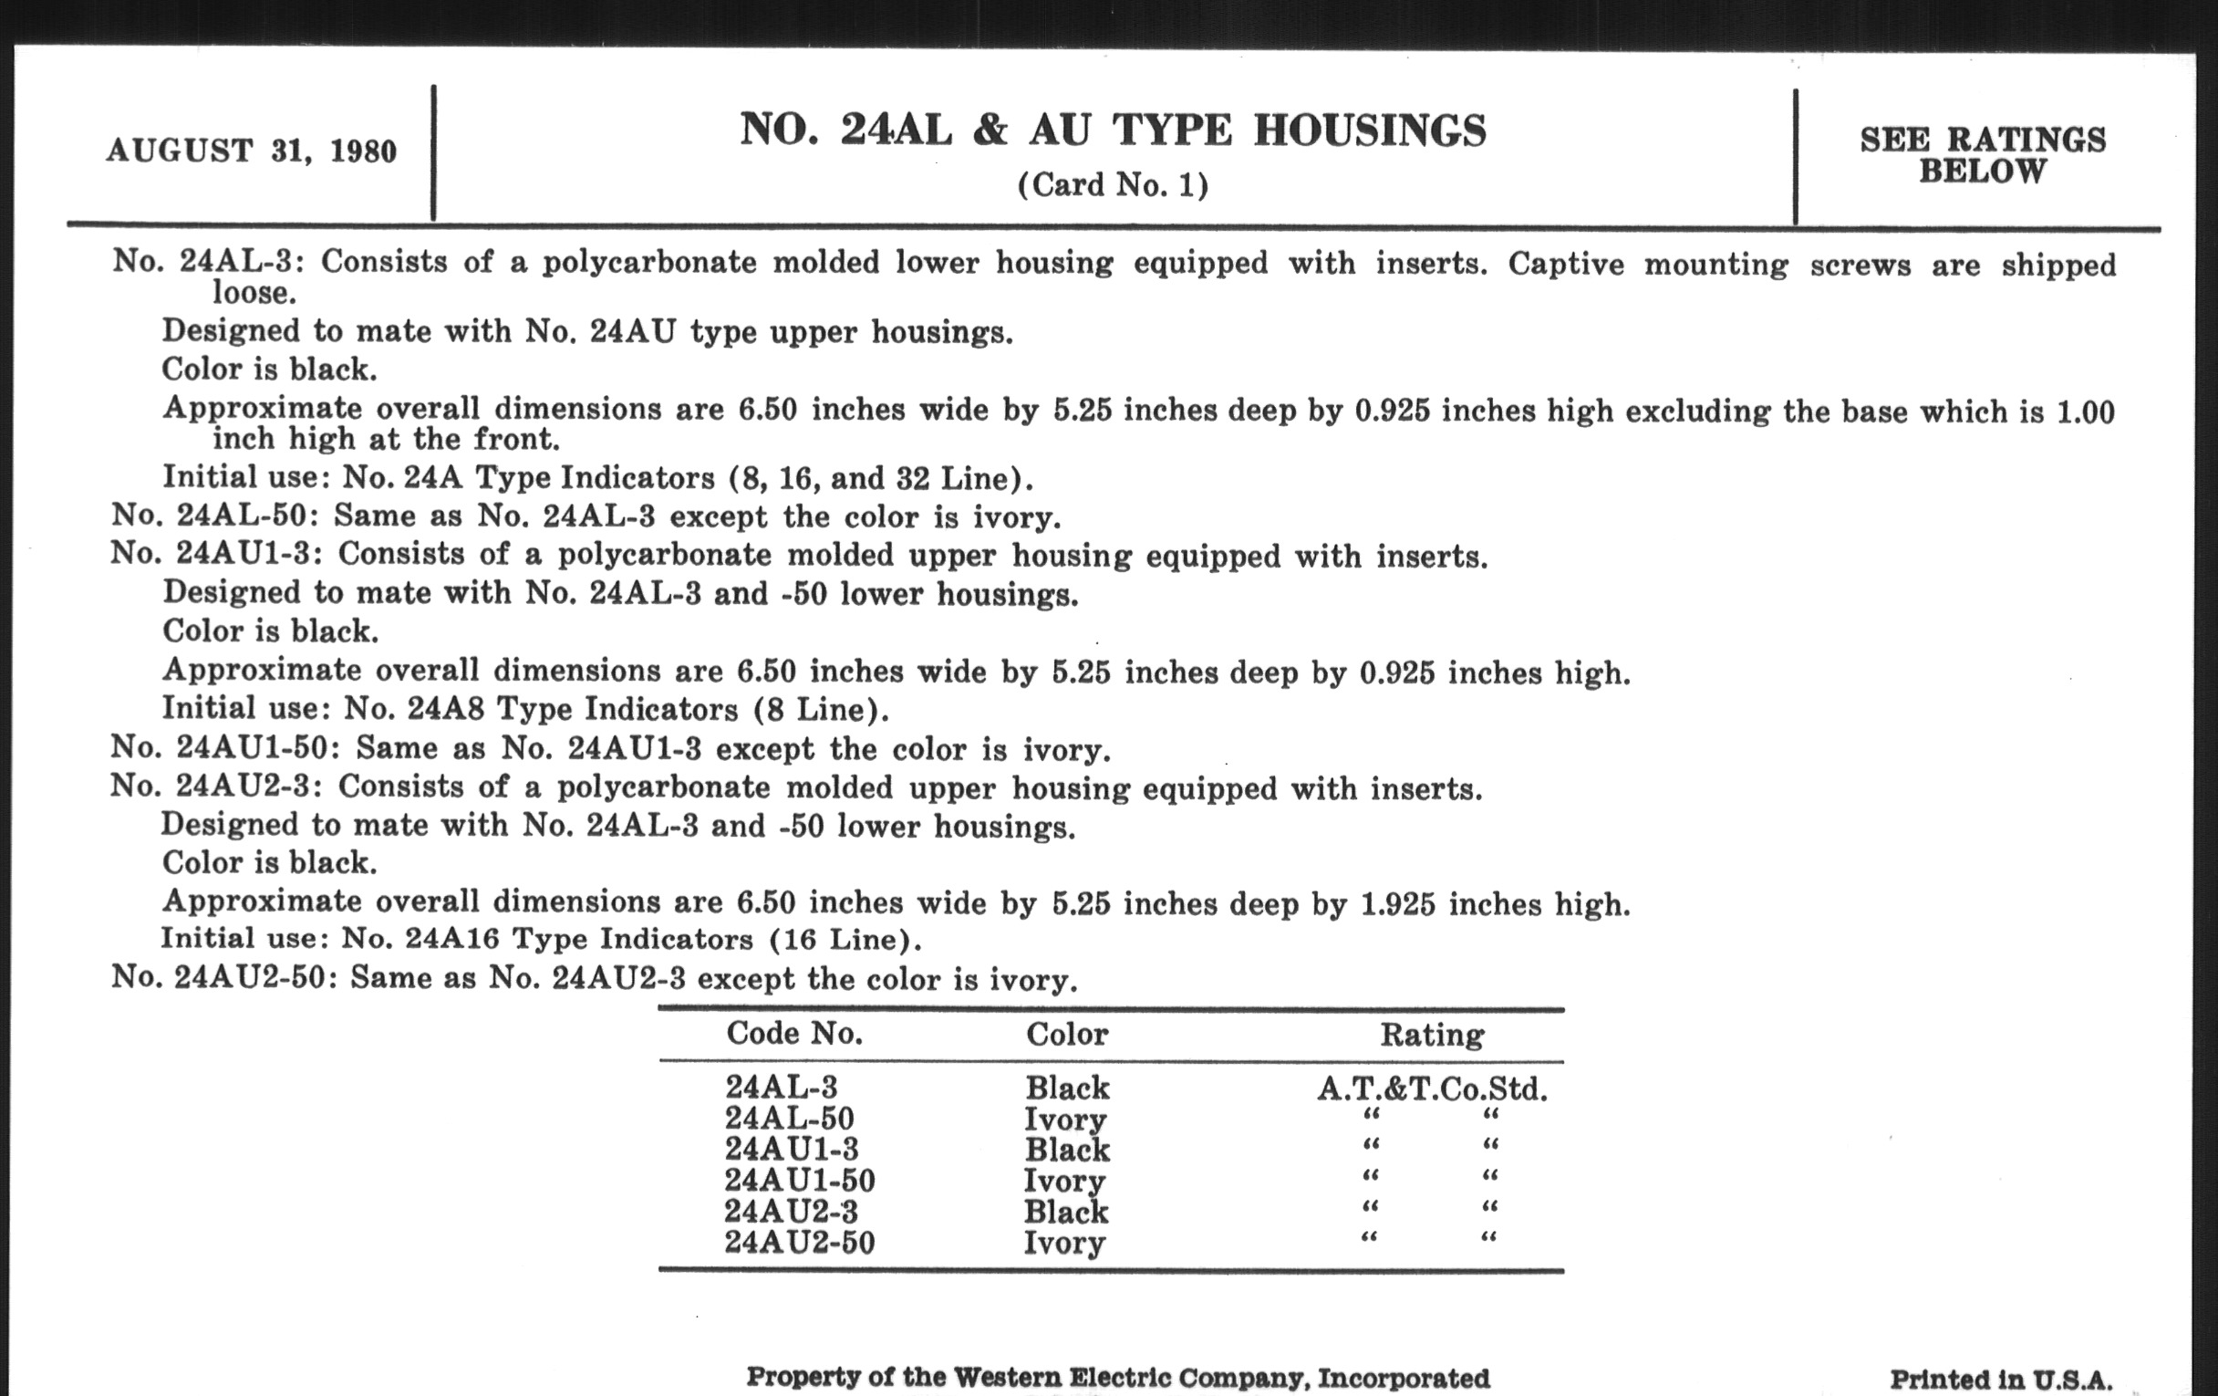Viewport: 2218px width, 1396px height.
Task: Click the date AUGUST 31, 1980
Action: pos(252,151)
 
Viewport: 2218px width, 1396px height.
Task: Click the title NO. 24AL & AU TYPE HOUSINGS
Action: pos(1113,130)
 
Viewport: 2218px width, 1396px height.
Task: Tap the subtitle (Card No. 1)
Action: pos(1113,185)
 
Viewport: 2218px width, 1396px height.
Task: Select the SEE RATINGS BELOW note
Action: pos(1982,155)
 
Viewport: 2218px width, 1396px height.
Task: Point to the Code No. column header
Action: pos(794,1034)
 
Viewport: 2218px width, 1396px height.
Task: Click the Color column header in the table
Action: pos(1067,1034)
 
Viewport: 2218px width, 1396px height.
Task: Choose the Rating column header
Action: pos(1431,1035)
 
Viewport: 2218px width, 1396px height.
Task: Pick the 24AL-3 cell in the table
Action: pos(780,1089)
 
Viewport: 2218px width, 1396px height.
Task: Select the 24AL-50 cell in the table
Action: pos(790,1119)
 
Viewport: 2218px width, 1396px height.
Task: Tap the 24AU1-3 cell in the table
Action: pos(792,1149)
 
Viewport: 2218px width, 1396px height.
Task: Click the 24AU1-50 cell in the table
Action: pos(800,1181)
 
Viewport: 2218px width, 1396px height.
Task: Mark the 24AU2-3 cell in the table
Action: pos(792,1211)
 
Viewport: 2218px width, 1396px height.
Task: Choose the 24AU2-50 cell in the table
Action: pos(800,1242)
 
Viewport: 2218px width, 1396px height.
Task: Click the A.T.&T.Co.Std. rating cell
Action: pos(1431,1090)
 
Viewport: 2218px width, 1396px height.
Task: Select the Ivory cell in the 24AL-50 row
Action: pos(1065,1120)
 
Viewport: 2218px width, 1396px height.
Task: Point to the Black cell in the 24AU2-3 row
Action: pos(1067,1212)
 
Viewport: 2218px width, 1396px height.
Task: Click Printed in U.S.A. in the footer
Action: pos(2001,1379)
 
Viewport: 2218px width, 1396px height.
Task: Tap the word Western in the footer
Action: pos(1007,1378)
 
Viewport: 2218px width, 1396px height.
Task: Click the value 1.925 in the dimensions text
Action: pos(1397,904)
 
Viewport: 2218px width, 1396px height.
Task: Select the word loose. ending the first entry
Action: pos(254,293)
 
